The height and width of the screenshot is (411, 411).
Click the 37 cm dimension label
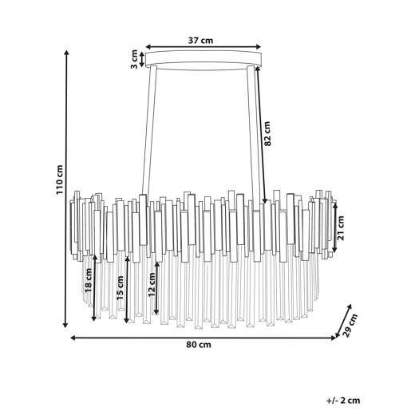(x=200, y=41)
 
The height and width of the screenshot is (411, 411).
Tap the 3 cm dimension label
(x=134, y=59)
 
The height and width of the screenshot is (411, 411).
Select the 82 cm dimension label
(x=267, y=133)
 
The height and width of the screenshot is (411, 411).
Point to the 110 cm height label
(x=60, y=180)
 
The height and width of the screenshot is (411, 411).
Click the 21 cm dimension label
(x=340, y=228)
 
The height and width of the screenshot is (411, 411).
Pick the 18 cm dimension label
(x=88, y=280)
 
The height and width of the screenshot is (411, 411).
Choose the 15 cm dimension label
(x=120, y=288)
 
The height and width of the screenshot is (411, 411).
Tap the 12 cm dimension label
(x=152, y=284)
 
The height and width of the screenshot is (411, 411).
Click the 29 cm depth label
(x=351, y=326)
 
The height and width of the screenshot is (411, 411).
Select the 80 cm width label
(x=199, y=345)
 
